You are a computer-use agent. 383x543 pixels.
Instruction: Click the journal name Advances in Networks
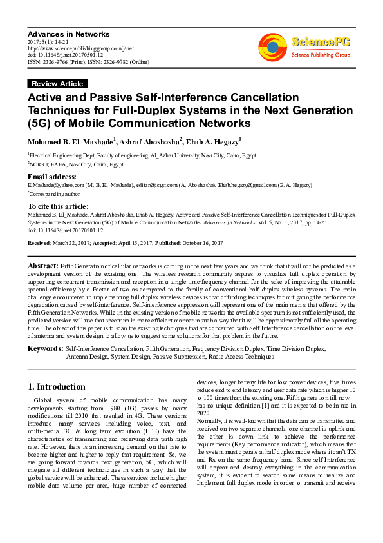tap(68, 34)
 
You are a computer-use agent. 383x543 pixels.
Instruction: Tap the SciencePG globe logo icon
tap(272, 47)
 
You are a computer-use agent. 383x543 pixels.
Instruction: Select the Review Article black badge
tap(57, 84)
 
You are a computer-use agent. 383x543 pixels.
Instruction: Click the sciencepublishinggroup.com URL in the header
tap(80, 48)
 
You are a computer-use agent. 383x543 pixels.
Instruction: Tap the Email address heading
tap(51, 177)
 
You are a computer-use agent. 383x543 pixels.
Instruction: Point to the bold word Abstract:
tap(43, 266)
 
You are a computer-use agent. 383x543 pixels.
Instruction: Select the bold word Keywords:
tap(44, 348)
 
